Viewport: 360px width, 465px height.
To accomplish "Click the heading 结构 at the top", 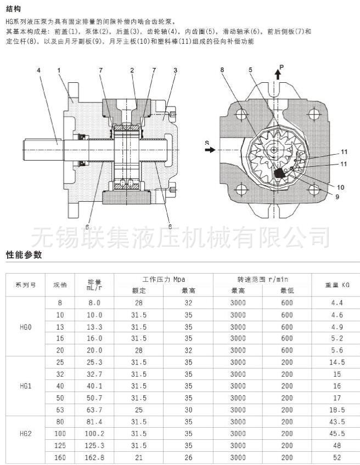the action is tap(14, 9).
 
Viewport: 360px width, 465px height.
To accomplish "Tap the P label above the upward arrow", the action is tap(282, 67).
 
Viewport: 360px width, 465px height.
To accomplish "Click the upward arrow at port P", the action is tap(278, 75).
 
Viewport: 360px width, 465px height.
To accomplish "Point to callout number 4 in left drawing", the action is tap(39, 71).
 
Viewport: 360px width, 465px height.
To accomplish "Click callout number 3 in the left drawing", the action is tap(175, 71).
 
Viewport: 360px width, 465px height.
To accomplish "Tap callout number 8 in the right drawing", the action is tap(223, 71).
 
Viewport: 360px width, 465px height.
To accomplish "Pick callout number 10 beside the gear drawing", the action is tap(341, 187).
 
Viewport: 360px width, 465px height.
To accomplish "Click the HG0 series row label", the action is tap(26, 327).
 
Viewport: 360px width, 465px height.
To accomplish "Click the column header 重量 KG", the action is tap(337, 285).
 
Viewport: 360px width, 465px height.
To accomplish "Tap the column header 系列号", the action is tap(26, 285).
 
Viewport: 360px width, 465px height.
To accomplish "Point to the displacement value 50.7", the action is tap(95, 398).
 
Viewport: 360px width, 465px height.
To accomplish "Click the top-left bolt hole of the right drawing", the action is tap(240, 115).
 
